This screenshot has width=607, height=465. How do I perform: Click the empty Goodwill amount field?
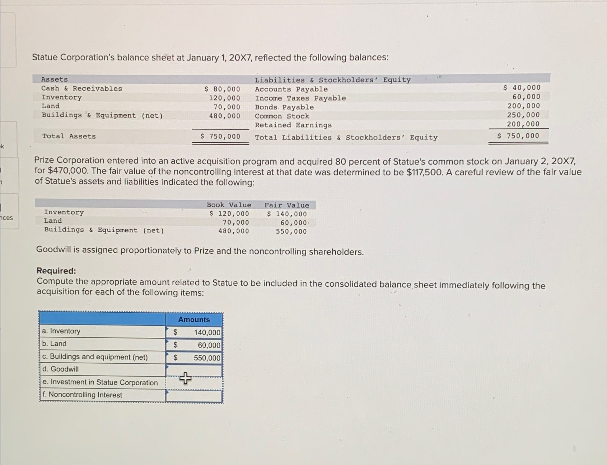pos(194,370)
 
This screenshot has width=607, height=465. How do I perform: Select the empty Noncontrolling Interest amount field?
pos(194,396)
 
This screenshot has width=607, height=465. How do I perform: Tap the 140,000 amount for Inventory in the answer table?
pos(207,332)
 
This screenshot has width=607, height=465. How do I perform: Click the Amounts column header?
pos(194,319)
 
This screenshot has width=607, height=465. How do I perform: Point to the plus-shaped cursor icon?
pos(185,378)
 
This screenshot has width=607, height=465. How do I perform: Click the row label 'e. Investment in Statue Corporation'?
pos(100,382)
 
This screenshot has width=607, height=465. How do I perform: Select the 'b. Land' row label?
pos(54,344)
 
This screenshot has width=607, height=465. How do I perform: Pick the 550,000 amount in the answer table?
pos(207,358)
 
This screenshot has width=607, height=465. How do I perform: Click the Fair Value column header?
pos(286,205)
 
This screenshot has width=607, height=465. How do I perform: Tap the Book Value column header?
pos(229,205)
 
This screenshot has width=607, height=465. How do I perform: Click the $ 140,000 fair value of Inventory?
pos(287,214)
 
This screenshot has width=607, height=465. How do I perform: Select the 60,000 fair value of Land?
pos(293,223)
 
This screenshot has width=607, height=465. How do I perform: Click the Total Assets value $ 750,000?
pos(220,136)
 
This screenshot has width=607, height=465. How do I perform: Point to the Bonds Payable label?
pos(284,107)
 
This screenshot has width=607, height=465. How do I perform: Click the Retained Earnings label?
pos(293,125)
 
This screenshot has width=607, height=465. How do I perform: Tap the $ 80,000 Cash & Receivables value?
pos(222,89)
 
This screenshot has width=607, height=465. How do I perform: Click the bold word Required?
pos(56,271)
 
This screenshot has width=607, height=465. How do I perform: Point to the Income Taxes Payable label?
pos(300,98)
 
